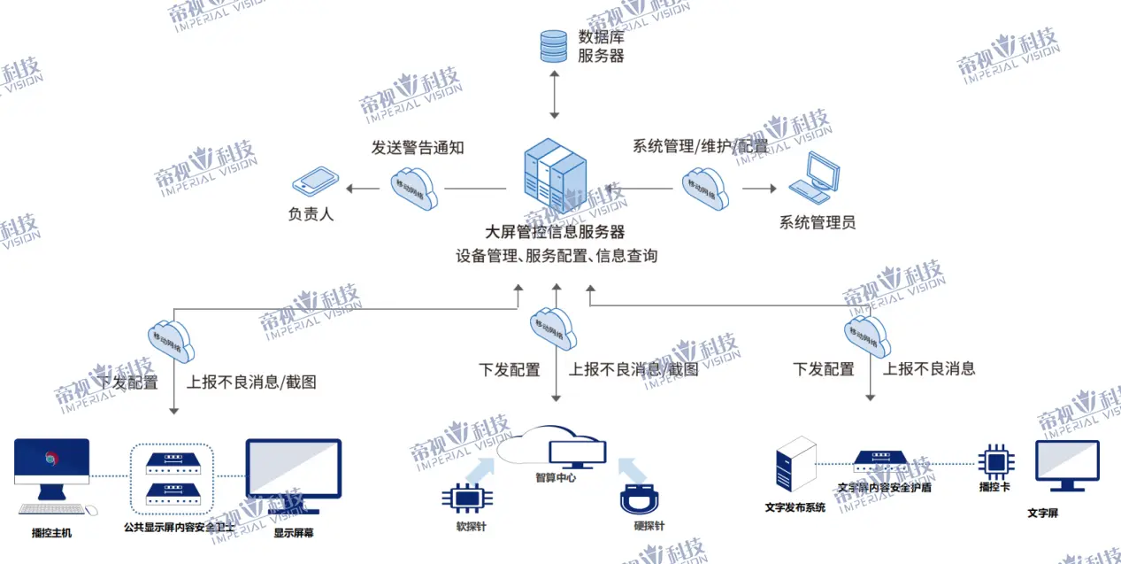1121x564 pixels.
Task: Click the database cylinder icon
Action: click(x=554, y=46)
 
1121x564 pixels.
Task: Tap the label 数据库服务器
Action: click(x=601, y=46)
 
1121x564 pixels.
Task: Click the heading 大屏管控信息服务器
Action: click(x=556, y=232)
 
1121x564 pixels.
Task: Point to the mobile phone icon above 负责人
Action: click(x=316, y=182)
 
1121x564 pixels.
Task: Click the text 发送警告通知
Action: click(x=418, y=148)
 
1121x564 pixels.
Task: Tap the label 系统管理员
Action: click(x=817, y=222)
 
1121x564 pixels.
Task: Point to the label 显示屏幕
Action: click(x=293, y=533)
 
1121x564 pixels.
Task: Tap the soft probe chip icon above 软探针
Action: click(x=465, y=498)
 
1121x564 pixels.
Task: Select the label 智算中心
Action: click(x=555, y=477)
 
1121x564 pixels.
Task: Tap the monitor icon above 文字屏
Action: click(x=1066, y=465)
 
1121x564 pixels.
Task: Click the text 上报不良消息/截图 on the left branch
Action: click(x=251, y=382)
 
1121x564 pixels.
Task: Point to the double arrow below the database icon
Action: click(x=555, y=97)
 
